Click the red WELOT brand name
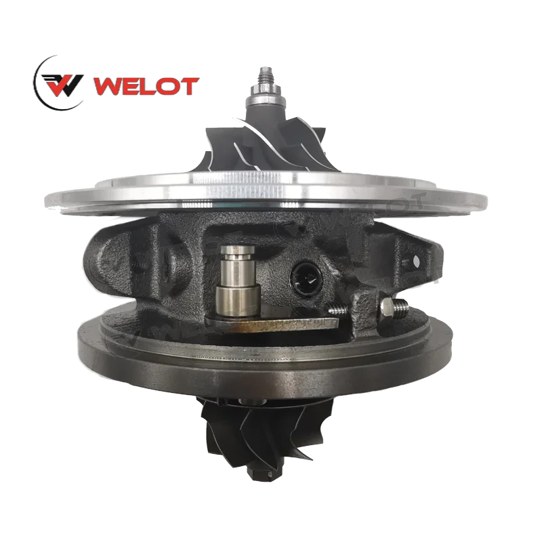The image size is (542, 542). (146, 87)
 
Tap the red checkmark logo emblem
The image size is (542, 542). (64, 85)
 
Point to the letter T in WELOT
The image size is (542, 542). (188, 87)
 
